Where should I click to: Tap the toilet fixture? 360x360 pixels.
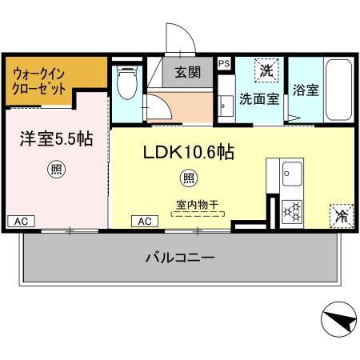click(125, 81)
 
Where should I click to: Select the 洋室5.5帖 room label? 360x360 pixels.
click(55, 138)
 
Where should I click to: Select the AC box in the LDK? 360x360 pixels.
click(146, 221)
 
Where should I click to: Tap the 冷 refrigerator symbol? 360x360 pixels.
click(340, 214)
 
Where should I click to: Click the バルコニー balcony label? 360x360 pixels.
click(179, 258)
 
